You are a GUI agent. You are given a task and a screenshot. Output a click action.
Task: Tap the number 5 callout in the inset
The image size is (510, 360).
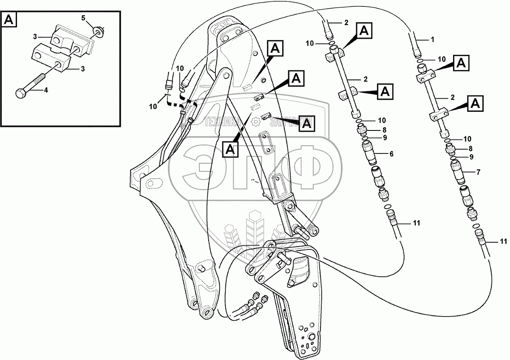click(83, 18)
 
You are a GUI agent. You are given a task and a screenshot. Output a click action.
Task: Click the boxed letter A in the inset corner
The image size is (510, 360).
click(9, 19)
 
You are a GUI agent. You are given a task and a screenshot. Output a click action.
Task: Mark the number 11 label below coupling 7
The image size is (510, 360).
click(504, 242)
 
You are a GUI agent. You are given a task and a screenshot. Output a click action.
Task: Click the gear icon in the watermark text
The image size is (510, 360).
click(256, 122)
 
